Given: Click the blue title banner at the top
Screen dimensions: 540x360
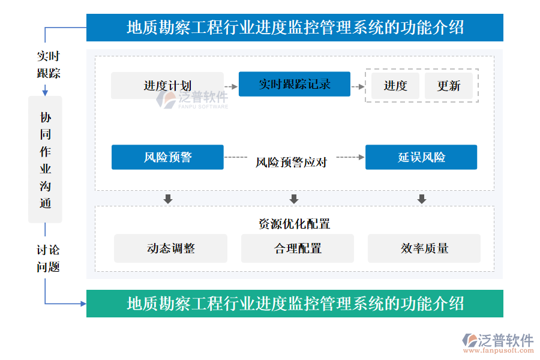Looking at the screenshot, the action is click(x=295, y=28).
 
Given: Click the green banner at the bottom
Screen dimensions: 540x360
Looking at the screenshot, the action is click(x=295, y=304).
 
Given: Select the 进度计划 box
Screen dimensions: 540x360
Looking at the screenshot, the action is click(x=167, y=85).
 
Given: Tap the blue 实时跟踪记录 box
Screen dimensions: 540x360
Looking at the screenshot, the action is click(x=295, y=84).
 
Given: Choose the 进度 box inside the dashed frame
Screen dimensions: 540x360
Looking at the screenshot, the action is click(x=395, y=86).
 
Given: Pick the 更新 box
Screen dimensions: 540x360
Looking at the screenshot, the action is click(x=449, y=86).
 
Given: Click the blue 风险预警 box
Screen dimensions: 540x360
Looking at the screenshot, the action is click(x=168, y=157).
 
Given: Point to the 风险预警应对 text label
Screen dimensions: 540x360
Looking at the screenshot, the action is click(x=292, y=162).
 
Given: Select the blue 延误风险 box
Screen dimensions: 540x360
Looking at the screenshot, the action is click(x=421, y=157).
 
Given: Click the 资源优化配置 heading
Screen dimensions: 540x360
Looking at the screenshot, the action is click(x=295, y=224).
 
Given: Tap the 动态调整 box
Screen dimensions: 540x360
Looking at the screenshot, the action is click(x=171, y=248).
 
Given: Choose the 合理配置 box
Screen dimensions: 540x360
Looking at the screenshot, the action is click(x=298, y=248).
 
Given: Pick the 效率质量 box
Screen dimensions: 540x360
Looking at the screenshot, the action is click(x=424, y=248).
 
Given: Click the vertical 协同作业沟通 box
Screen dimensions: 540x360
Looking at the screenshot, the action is click(x=45, y=160).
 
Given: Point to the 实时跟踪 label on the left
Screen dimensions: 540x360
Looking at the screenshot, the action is click(x=49, y=64).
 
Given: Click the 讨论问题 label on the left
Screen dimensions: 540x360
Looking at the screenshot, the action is click(x=48, y=259).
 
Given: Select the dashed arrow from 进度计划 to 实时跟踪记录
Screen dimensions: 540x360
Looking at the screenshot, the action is click(x=231, y=86).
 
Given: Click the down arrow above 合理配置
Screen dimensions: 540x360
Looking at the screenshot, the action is click(x=294, y=199).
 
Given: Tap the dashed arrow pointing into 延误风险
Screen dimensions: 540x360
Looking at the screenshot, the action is click(x=350, y=157).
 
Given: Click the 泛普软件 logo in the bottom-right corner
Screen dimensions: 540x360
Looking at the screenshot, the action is click(x=498, y=343).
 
